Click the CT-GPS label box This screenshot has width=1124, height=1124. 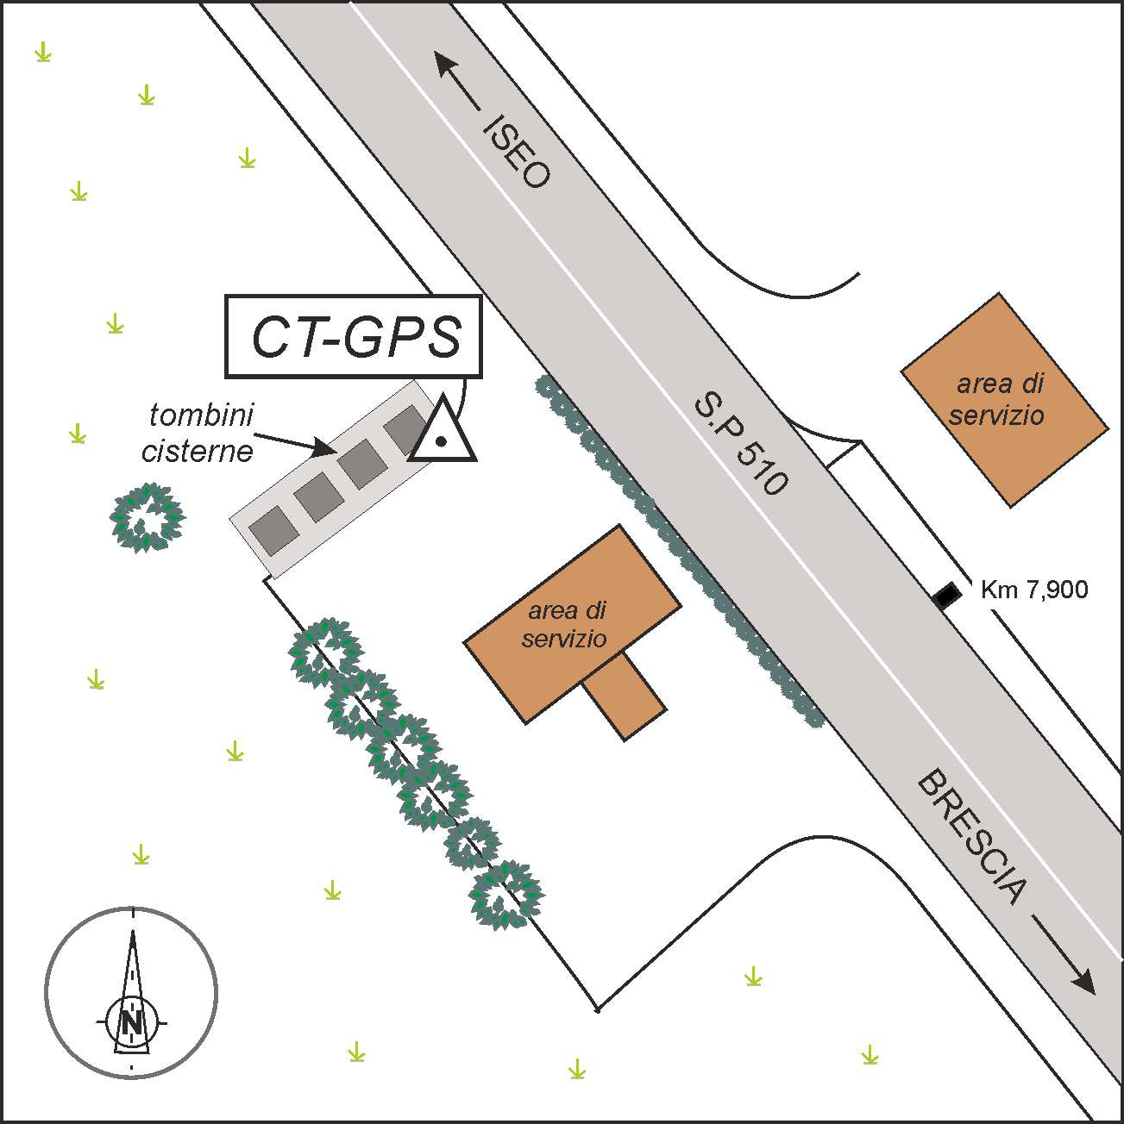[353, 337]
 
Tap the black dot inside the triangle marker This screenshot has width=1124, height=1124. [441, 441]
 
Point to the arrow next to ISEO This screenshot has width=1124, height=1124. [457, 80]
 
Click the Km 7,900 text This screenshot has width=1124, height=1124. [1034, 590]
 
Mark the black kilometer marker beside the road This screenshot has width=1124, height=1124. [946, 595]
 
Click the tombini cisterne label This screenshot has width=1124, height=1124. [199, 433]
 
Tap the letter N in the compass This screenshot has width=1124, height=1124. [132, 1023]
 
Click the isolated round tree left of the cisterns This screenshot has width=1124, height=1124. [148, 517]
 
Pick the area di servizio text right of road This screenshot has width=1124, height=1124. [996, 401]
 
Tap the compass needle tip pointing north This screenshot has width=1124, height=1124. [133, 933]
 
